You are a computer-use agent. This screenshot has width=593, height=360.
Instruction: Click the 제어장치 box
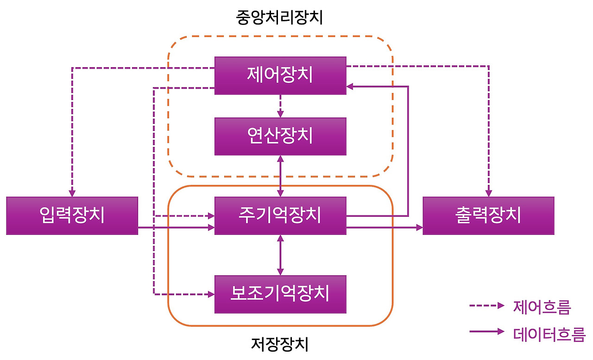tap(280, 76)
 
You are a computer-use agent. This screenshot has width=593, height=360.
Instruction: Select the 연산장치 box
tap(280, 136)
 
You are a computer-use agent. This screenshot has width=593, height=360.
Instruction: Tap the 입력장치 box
tap(72, 216)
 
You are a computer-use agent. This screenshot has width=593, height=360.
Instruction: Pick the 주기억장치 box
tap(280, 216)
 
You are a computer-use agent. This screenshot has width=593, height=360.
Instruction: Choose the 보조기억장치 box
tap(280, 294)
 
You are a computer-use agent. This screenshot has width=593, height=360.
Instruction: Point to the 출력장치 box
tap(488, 216)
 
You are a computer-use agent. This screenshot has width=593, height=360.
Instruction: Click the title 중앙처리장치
tap(279, 18)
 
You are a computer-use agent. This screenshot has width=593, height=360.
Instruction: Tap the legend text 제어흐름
tap(542, 306)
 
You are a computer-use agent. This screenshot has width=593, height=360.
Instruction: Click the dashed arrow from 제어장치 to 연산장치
tap(280, 106)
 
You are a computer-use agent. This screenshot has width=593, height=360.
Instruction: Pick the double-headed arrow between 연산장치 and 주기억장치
tap(280, 176)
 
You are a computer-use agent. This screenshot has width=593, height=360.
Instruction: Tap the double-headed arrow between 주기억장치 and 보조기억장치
tap(280, 255)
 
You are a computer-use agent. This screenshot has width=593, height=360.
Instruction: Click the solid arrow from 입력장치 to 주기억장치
tap(176, 227)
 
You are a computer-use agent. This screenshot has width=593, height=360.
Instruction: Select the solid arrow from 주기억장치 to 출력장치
tap(385, 227)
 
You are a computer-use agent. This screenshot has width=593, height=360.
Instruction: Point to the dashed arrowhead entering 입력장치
tap(72, 192)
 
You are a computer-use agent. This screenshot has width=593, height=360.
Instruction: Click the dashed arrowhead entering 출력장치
tap(488, 192)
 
